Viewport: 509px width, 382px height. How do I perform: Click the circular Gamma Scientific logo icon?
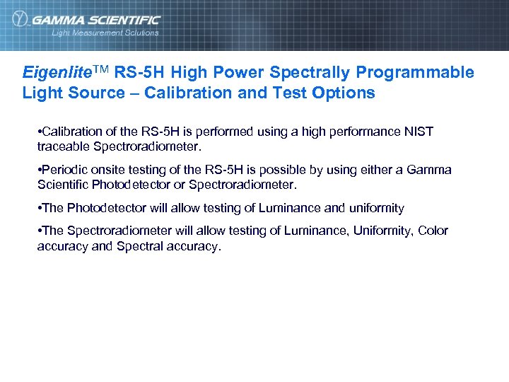(21, 20)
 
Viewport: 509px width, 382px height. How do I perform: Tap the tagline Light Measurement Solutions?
(105, 33)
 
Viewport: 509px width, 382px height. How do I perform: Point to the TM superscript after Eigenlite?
(100, 71)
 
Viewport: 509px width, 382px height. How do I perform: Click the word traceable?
(61, 146)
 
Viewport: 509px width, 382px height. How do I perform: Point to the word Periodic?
(66, 170)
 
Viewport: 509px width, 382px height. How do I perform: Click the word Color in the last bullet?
(433, 231)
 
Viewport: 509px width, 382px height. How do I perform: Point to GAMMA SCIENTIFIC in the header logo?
(96, 20)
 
